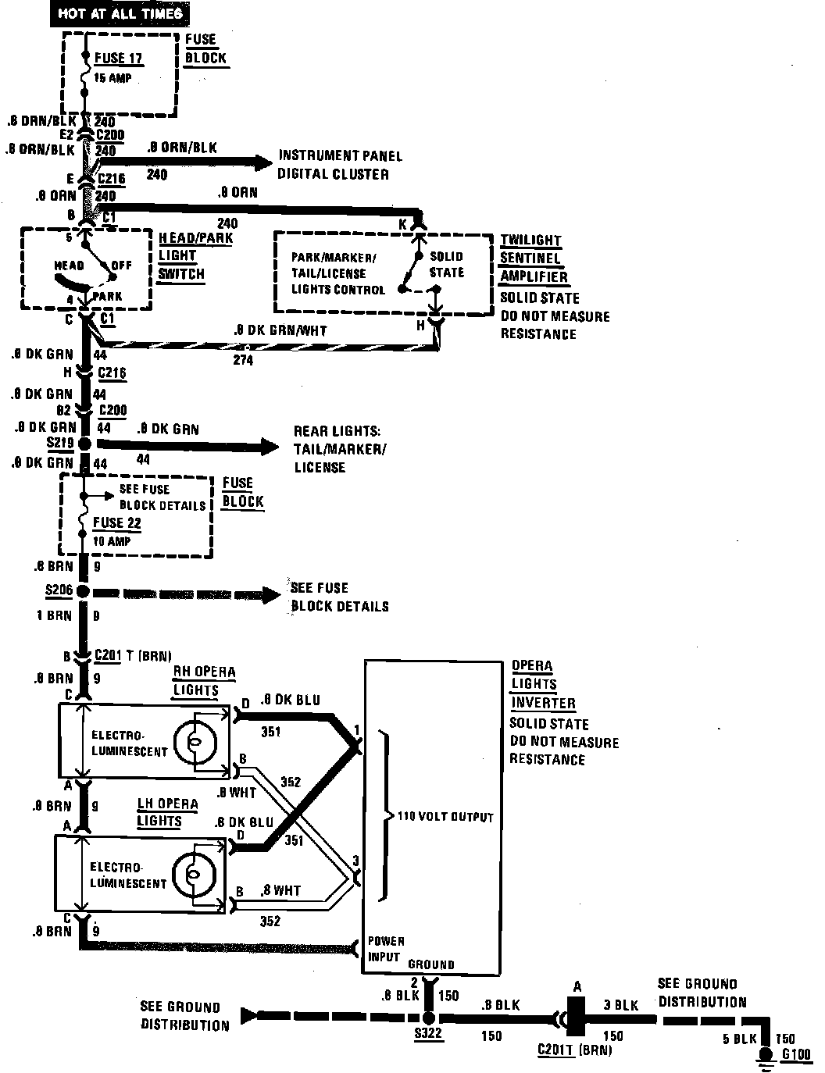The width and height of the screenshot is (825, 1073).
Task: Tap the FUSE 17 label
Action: pos(119,58)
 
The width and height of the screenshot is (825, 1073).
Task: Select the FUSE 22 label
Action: pos(117,522)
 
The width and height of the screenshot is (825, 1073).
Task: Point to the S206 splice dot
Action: pos(83,591)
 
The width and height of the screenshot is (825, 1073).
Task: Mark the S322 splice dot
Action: pos(428,1018)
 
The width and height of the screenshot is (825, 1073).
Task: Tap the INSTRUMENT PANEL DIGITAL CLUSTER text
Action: pos(334,165)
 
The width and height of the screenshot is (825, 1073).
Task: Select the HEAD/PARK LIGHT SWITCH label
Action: pos(195,255)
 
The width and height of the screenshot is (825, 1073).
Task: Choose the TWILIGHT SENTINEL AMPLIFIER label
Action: pos(534,258)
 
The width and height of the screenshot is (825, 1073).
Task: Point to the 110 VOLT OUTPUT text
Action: pos(445,817)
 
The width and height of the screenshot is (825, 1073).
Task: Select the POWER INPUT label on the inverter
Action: pos(386,948)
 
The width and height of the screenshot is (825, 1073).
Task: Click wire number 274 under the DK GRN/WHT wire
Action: pos(243,361)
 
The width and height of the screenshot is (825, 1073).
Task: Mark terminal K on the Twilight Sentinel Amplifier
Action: pos(404,223)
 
